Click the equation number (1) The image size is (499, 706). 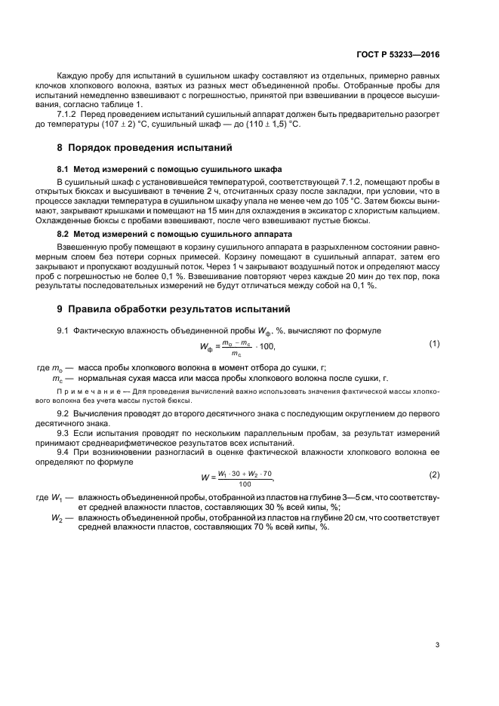(434, 344)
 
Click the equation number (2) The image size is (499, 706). (434, 475)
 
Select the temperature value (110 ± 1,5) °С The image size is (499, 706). (273, 124)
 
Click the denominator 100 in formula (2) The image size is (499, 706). (244, 483)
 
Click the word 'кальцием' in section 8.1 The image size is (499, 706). (420, 212)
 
